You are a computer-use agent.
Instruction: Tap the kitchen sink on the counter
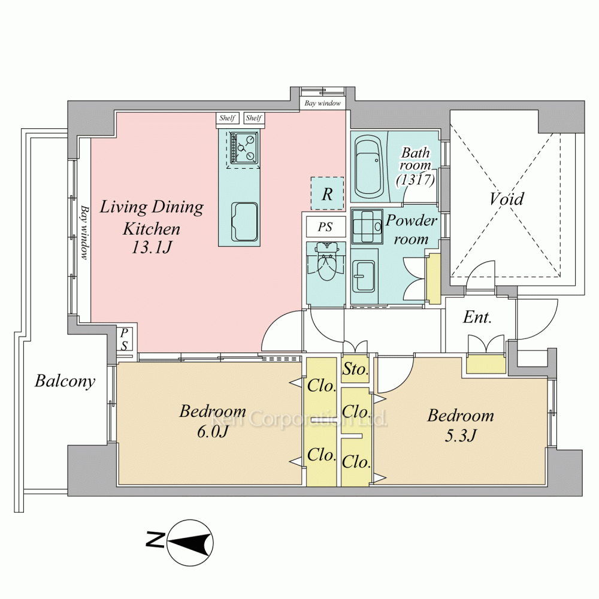click(x=244, y=222)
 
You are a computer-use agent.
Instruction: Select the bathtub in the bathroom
click(x=368, y=167)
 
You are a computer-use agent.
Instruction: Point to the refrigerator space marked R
click(x=327, y=193)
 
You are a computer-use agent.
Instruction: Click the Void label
click(x=507, y=199)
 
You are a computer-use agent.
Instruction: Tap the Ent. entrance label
click(x=477, y=317)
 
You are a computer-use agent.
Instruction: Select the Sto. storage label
click(x=355, y=369)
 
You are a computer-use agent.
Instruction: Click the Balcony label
click(x=65, y=381)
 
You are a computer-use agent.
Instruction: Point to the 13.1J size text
click(x=152, y=247)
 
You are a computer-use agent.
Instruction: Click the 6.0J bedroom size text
click(x=213, y=432)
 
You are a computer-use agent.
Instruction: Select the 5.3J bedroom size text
click(x=460, y=435)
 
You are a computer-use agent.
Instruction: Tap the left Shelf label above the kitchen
click(x=227, y=118)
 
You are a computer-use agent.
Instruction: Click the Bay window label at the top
click(x=322, y=103)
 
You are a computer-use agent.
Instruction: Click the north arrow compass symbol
click(x=190, y=543)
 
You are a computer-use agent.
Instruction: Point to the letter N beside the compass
click(x=155, y=540)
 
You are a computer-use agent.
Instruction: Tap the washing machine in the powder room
click(x=367, y=226)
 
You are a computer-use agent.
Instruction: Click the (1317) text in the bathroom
click(x=415, y=179)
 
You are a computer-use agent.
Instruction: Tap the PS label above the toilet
click(x=325, y=227)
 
